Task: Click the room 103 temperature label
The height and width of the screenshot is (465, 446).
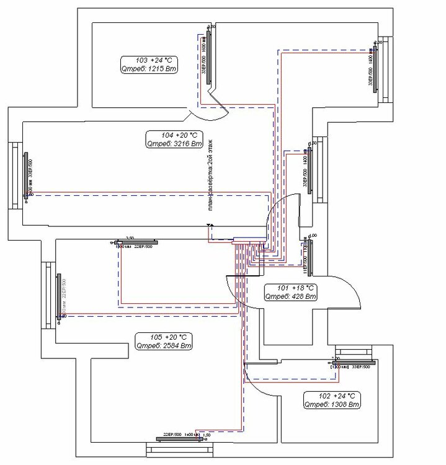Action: coord(150,60)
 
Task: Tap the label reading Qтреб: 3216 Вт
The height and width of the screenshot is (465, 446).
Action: coord(174,143)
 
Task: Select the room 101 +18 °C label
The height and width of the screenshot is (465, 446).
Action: coord(291,288)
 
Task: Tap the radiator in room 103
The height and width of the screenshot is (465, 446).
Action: coord(211,55)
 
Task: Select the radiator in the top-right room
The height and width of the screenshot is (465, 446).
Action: coord(376,69)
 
